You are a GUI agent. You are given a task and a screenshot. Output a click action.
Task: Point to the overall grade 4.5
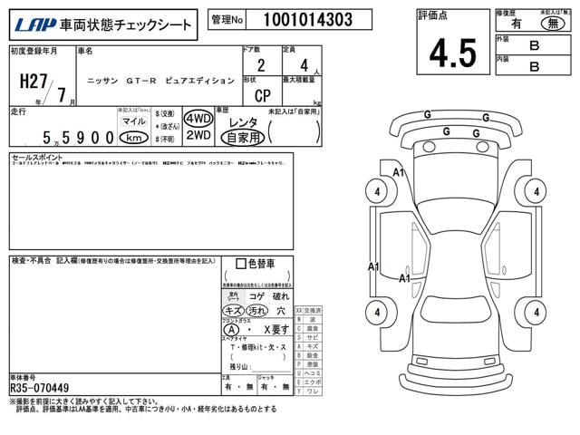(452, 53)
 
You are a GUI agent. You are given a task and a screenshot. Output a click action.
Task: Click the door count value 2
(261, 65)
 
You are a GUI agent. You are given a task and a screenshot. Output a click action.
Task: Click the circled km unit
(133, 138)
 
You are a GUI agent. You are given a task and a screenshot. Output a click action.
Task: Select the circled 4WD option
(198, 120)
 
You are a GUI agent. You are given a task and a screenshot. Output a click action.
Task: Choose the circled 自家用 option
(243, 138)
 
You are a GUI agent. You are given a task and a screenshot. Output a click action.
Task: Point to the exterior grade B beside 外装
(534, 42)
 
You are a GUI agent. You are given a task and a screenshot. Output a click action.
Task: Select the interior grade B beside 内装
(534, 65)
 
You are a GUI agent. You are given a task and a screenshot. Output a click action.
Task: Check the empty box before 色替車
(240, 264)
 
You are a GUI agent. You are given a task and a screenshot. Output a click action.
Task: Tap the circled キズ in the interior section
(233, 311)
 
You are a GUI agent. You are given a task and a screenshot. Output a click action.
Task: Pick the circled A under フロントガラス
(233, 330)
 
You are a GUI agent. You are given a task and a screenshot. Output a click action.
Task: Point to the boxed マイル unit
(133, 121)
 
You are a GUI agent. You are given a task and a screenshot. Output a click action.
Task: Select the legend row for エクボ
(307, 382)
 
